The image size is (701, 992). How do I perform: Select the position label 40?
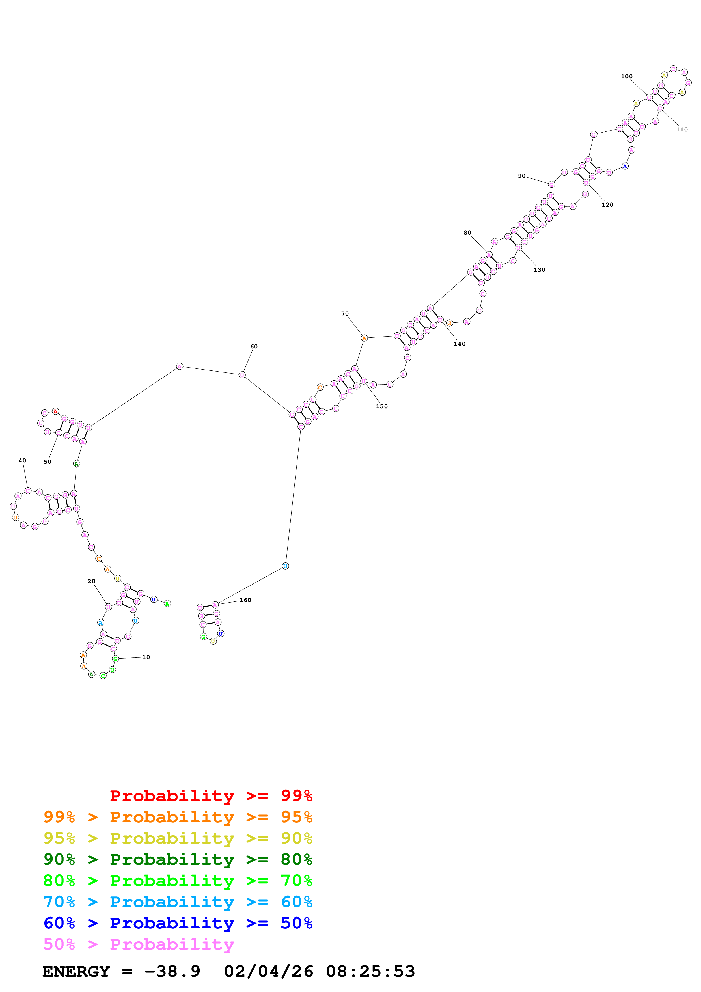[22, 461]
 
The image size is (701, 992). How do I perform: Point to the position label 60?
[254, 346]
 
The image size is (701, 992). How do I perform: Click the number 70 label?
[345, 314]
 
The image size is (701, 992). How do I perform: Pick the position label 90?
[522, 176]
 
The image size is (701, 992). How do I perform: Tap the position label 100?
[627, 76]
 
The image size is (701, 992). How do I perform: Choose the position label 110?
[681, 130]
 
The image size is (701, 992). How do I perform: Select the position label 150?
[382, 407]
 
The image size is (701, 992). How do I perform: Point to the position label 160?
[245, 600]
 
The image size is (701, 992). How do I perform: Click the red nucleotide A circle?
[55, 412]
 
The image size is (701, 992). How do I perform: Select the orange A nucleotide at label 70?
[364, 338]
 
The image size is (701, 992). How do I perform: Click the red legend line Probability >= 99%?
[211, 796]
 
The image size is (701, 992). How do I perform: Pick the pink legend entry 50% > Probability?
[139, 944]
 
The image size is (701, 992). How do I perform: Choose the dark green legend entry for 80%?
[178, 859]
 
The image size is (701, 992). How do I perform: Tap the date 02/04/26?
[268, 972]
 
